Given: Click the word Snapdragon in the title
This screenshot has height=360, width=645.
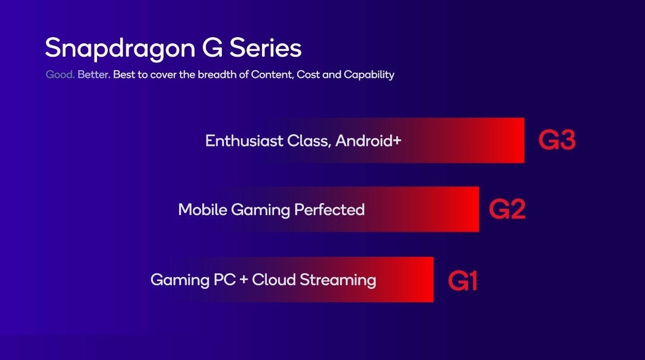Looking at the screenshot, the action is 120,48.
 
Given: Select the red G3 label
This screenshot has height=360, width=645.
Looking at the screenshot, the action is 557,140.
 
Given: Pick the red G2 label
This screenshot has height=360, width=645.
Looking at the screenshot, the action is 507,209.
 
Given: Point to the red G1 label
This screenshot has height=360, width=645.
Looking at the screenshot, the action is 463,281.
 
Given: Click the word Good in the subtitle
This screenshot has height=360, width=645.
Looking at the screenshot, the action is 60,75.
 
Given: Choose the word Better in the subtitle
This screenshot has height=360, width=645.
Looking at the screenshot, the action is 94,75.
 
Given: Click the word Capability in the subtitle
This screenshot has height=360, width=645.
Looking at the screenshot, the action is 369,75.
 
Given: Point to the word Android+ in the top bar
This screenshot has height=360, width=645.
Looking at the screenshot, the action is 368,141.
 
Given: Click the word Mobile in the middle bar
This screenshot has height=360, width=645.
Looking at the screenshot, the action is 203,209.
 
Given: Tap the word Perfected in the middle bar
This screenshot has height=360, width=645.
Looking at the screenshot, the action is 329,209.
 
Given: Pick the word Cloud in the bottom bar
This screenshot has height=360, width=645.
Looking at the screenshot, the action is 274,280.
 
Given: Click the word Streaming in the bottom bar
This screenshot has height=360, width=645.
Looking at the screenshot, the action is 338,280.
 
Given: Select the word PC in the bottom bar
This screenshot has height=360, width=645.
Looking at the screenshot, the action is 224,280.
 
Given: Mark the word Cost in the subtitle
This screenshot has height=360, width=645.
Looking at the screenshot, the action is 308,75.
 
